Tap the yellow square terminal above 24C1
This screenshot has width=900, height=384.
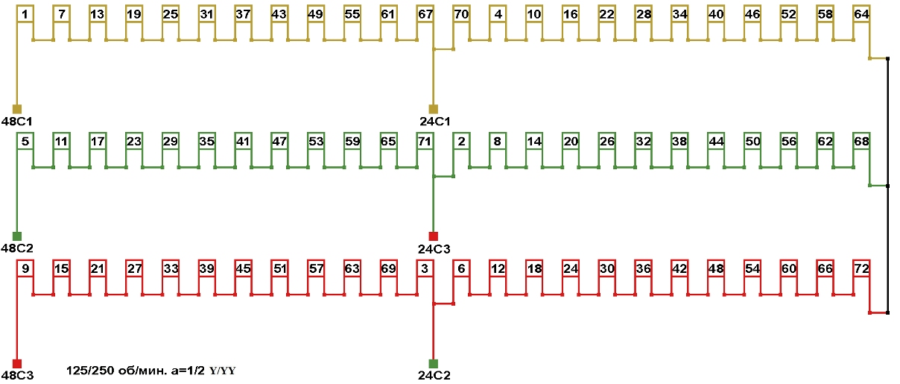tap(434, 109)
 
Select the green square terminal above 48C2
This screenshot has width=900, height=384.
tap(17, 236)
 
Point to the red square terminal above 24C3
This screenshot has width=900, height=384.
tap(434, 236)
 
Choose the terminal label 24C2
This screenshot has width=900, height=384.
tap(435, 375)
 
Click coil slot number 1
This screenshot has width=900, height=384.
tap(25, 14)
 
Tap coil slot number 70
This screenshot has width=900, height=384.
tap(461, 14)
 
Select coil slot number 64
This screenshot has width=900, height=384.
tap(861, 14)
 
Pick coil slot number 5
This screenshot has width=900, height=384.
tap(25, 141)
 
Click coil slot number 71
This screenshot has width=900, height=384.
tap(425, 141)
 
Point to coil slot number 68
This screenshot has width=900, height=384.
tap(861, 141)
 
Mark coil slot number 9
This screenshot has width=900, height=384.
tap(25, 268)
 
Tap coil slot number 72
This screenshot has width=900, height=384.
tap(861, 268)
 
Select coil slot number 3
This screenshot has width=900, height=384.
tap(425, 268)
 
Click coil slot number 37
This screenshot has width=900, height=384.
tap(243, 14)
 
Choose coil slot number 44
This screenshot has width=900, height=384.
tap(716, 141)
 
